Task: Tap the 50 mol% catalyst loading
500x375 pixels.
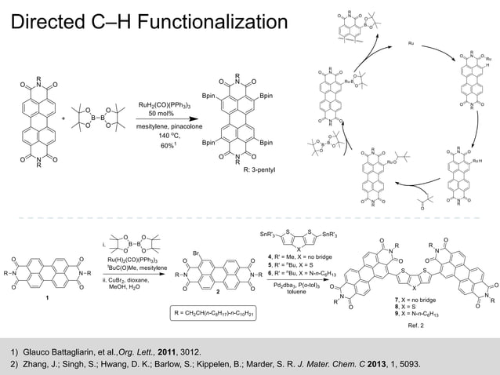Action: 163,113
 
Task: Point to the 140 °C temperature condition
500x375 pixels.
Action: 163,135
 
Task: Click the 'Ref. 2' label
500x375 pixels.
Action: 416,325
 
